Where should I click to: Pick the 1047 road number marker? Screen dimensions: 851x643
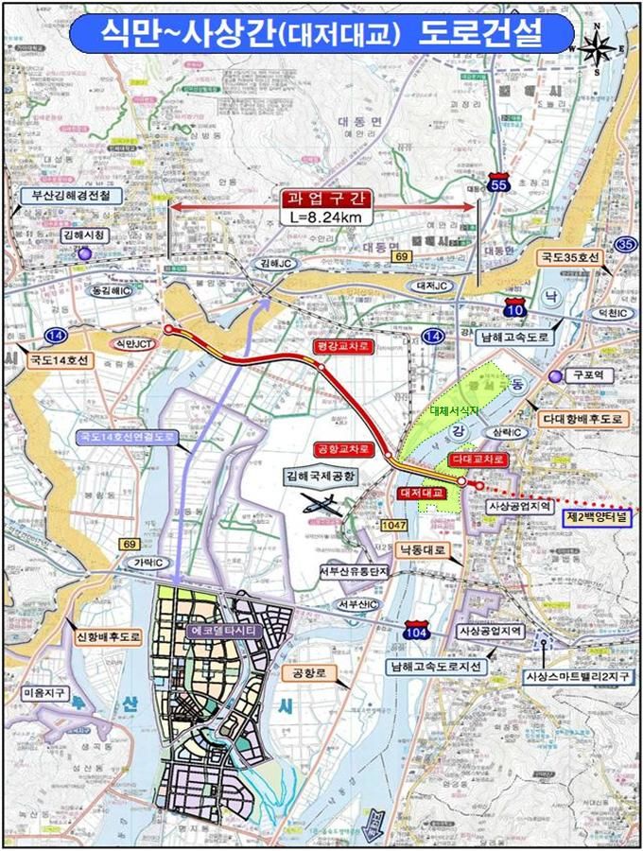(395, 524)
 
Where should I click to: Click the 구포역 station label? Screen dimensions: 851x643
(593, 375)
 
